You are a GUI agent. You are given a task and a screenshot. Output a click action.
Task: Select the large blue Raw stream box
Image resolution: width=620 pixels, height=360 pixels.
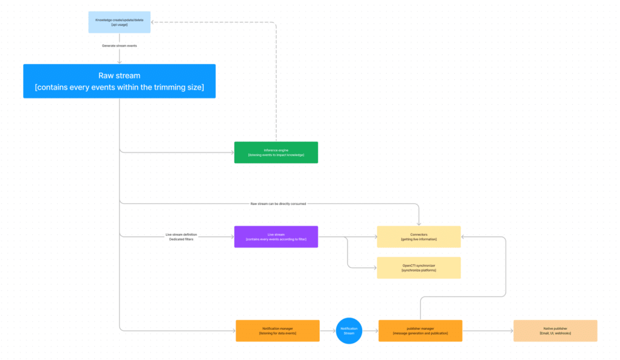point(119,81)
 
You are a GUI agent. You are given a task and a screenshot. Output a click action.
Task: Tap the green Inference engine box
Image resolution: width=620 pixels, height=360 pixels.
point(275,152)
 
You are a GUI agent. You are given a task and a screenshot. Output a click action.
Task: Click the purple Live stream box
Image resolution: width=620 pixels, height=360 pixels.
point(275,237)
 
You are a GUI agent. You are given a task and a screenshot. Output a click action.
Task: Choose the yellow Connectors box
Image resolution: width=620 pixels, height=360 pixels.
point(418,237)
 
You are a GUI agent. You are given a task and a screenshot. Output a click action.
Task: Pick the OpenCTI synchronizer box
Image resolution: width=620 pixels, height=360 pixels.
point(418,267)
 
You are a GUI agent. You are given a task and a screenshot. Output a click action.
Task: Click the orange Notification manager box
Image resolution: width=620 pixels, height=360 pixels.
point(277,330)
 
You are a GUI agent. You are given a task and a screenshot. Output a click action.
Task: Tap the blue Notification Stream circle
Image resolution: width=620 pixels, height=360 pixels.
point(349,330)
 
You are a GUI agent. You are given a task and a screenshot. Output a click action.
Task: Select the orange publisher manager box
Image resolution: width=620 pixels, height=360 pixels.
point(420,330)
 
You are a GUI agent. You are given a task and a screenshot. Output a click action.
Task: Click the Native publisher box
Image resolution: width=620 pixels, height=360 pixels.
point(555,330)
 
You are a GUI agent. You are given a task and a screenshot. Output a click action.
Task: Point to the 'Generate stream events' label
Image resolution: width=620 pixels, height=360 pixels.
point(119,46)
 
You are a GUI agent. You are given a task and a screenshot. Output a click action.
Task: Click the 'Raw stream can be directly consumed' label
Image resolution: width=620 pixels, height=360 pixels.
point(278,204)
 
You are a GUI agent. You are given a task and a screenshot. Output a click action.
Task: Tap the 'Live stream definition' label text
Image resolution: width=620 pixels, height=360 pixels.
point(182,234)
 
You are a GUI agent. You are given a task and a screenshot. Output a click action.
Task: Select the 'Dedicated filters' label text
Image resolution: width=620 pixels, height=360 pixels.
point(182,240)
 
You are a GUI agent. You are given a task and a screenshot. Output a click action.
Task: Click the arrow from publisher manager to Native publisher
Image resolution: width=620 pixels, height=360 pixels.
point(487,330)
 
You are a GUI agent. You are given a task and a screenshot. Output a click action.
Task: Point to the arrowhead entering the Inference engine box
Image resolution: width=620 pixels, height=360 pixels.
point(232,152)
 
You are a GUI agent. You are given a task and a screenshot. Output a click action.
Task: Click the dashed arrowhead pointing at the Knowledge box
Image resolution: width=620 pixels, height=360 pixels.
point(152,22)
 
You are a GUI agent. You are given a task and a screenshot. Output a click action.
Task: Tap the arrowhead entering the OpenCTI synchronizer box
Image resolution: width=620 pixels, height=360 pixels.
point(375,267)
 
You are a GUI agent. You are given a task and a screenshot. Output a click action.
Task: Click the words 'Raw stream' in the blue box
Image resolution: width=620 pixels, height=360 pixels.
point(119,76)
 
